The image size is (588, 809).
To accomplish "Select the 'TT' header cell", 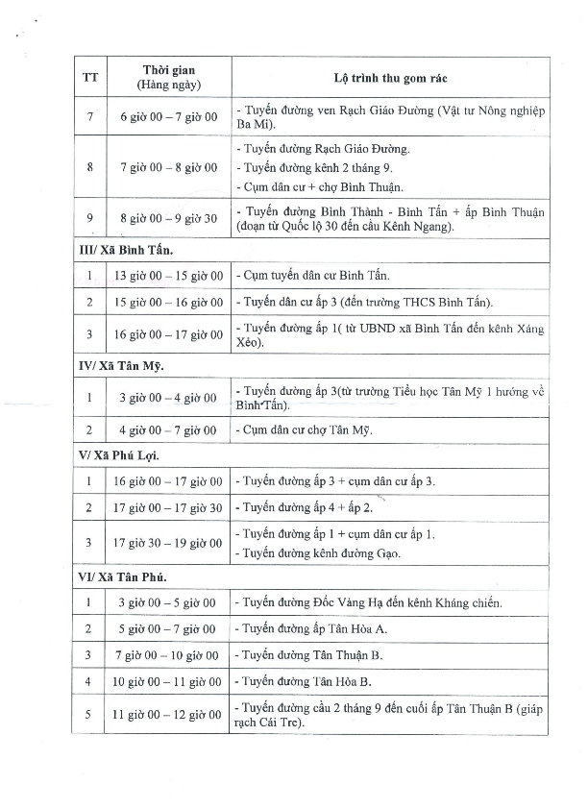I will [x=90, y=78].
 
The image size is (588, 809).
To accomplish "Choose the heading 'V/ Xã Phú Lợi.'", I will [x=119, y=455].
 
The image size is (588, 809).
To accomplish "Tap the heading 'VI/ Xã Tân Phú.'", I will [x=122, y=577].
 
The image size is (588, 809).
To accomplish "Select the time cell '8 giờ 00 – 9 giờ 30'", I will [x=169, y=218].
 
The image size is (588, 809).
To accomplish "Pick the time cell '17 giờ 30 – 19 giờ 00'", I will [x=169, y=543].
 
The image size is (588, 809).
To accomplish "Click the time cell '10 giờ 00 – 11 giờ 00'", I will [x=169, y=682].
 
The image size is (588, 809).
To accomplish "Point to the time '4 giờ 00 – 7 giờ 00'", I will [x=169, y=430].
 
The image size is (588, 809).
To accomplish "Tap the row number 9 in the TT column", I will [x=89, y=218].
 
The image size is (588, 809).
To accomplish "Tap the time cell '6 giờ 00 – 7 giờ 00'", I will [x=169, y=117].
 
